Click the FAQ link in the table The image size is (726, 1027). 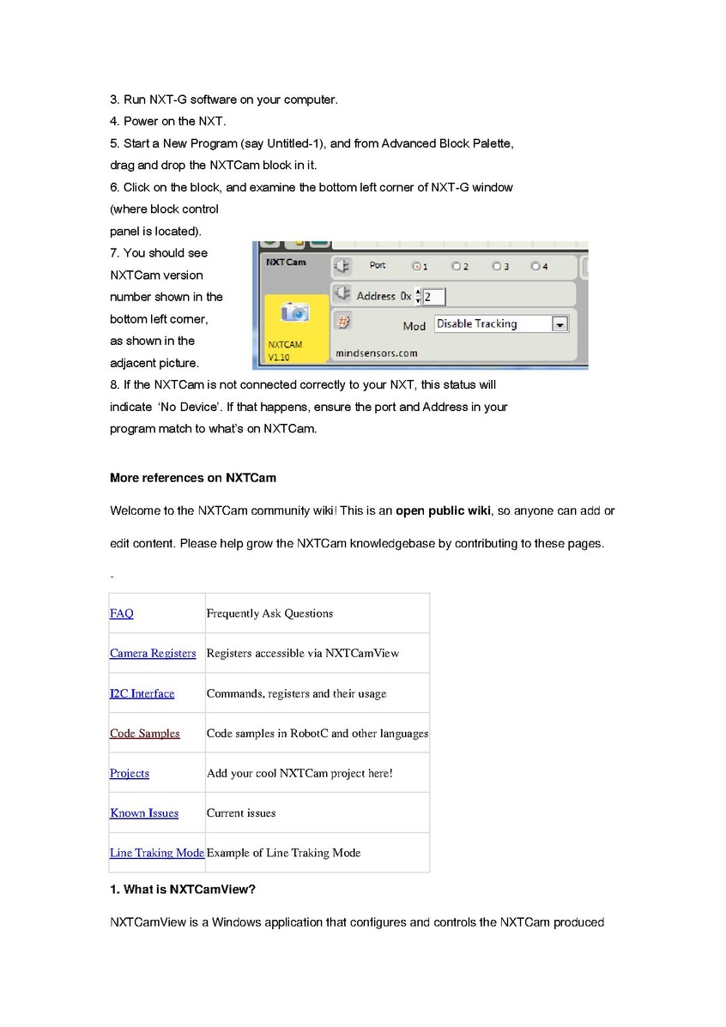point(122,613)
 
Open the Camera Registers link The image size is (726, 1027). point(153,654)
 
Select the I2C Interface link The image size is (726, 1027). point(142,693)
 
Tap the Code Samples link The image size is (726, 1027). point(145,734)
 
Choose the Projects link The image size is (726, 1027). point(130,773)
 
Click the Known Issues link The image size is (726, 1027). point(144,813)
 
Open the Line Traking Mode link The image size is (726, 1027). point(157,853)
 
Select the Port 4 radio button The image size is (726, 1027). point(536,267)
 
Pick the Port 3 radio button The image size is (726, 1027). point(497,267)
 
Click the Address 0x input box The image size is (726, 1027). point(433,297)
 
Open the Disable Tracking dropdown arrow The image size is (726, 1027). point(560,324)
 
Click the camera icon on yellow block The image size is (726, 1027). point(294,313)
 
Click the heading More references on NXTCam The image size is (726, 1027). point(193,478)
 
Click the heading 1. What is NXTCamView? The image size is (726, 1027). point(183,890)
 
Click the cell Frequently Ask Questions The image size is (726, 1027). point(269,613)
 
